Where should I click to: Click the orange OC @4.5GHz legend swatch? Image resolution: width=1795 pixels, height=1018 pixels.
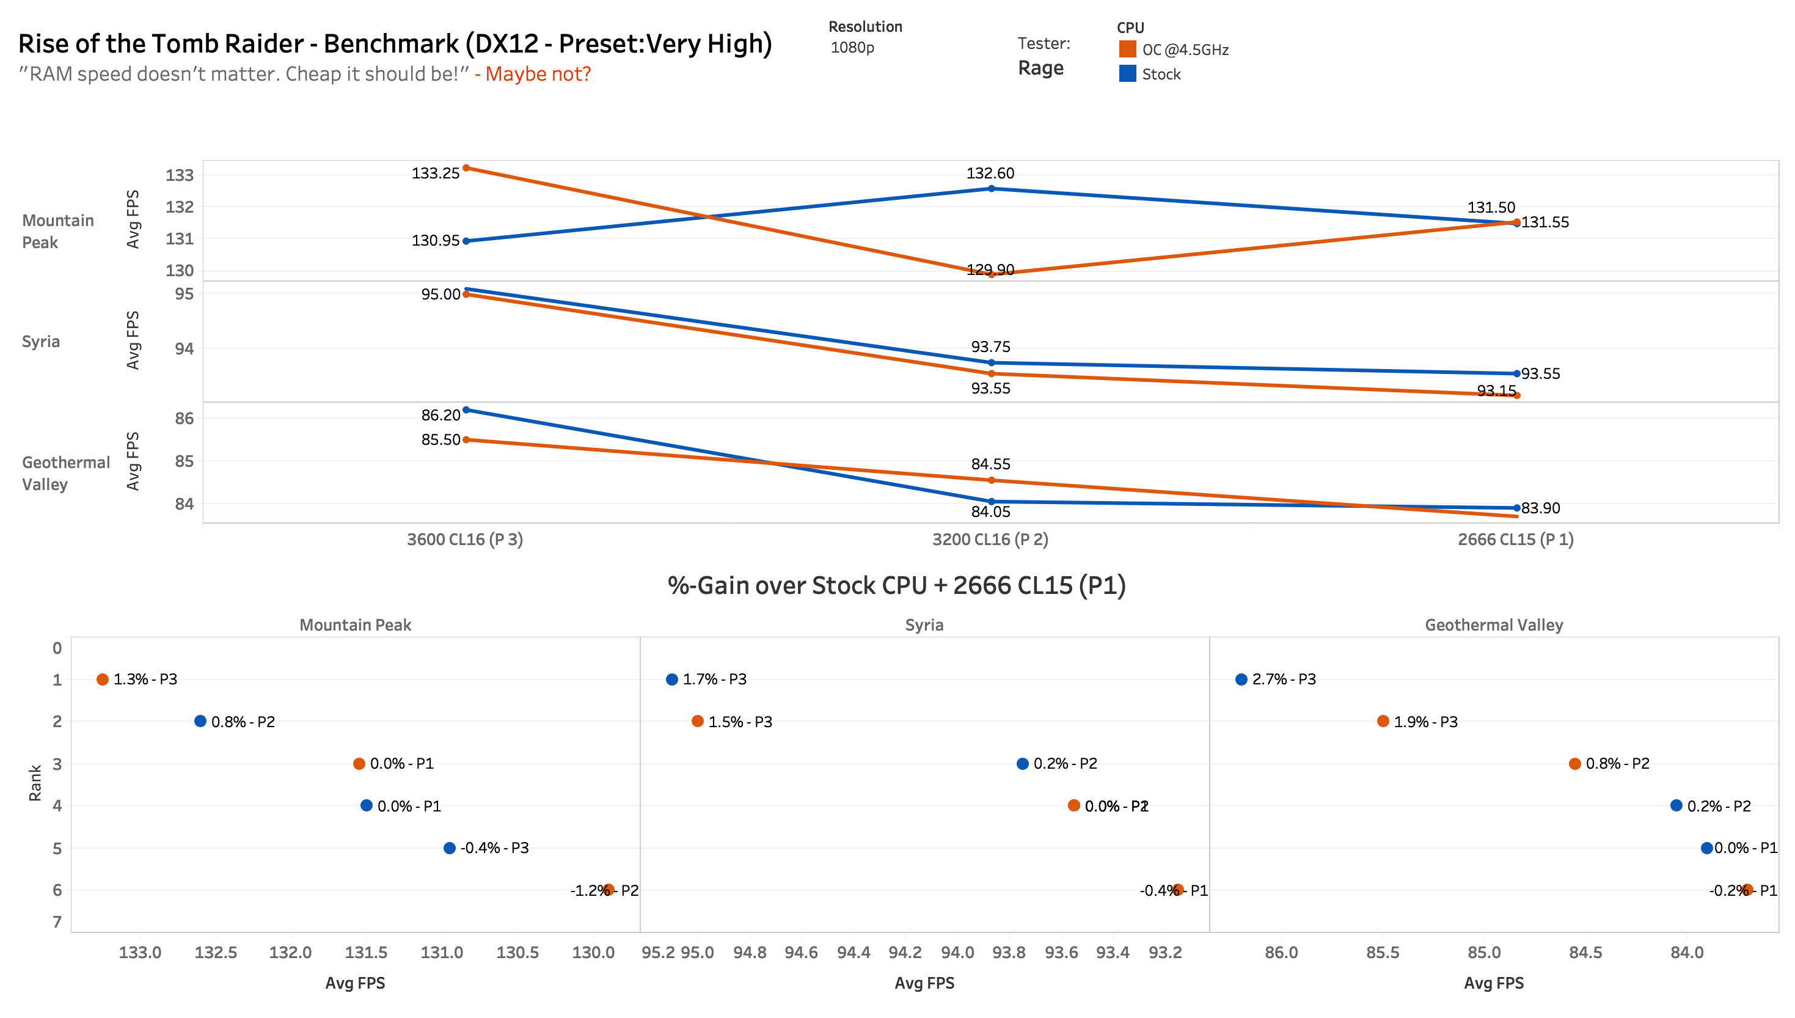coord(1127,49)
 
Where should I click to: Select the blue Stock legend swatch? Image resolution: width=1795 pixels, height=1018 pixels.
coord(1127,73)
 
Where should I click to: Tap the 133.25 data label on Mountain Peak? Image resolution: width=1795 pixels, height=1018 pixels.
coord(435,174)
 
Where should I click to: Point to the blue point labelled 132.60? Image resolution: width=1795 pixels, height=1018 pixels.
coord(991,189)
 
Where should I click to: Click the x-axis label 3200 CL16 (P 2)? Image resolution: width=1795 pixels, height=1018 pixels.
coord(990,539)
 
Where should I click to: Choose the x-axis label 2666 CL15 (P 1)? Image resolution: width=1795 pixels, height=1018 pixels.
coord(1515,539)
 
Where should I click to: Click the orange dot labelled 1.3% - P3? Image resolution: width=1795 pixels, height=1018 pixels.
coord(103,679)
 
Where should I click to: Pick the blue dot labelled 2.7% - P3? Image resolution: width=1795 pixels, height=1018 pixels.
coord(1241,679)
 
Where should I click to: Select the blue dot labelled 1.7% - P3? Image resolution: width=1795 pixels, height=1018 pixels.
coord(671,679)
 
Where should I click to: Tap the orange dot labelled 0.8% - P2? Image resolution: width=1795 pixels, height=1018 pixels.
coord(1575,764)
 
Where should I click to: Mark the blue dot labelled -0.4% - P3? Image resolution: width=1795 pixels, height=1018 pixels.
coord(450,848)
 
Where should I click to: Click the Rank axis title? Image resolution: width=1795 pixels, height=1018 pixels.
coord(35,783)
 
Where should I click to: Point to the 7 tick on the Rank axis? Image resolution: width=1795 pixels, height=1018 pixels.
coord(57,921)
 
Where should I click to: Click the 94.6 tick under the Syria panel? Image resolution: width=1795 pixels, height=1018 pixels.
coord(801,952)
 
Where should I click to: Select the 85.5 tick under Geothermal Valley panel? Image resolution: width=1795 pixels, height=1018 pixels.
coord(1383,952)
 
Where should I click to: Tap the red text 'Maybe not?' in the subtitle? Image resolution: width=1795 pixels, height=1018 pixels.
coord(538,74)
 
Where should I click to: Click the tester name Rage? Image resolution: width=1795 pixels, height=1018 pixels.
coord(1040,68)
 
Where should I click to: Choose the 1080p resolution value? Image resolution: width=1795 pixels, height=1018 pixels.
coord(852,48)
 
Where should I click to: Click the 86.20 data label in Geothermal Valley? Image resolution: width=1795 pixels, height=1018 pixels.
coord(441,416)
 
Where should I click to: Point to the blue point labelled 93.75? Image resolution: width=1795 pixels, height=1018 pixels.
coord(991,363)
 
